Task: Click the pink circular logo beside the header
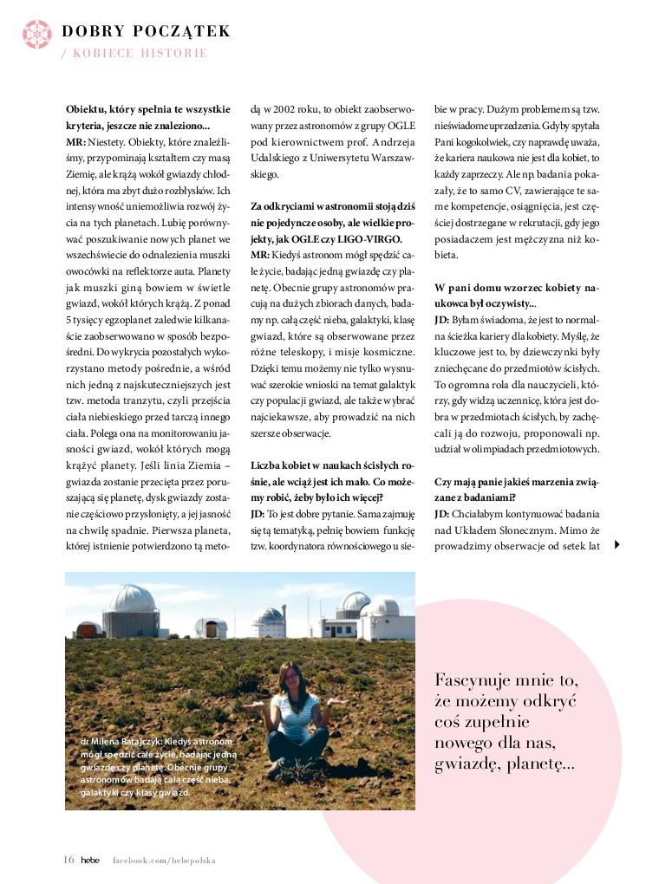(37, 33)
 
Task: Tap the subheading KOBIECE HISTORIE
(140, 53)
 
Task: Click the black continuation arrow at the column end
(617, 544)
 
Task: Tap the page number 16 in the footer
(69, 860)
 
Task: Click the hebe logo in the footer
(91, 860)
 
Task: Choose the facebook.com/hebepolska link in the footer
(163, 861)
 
